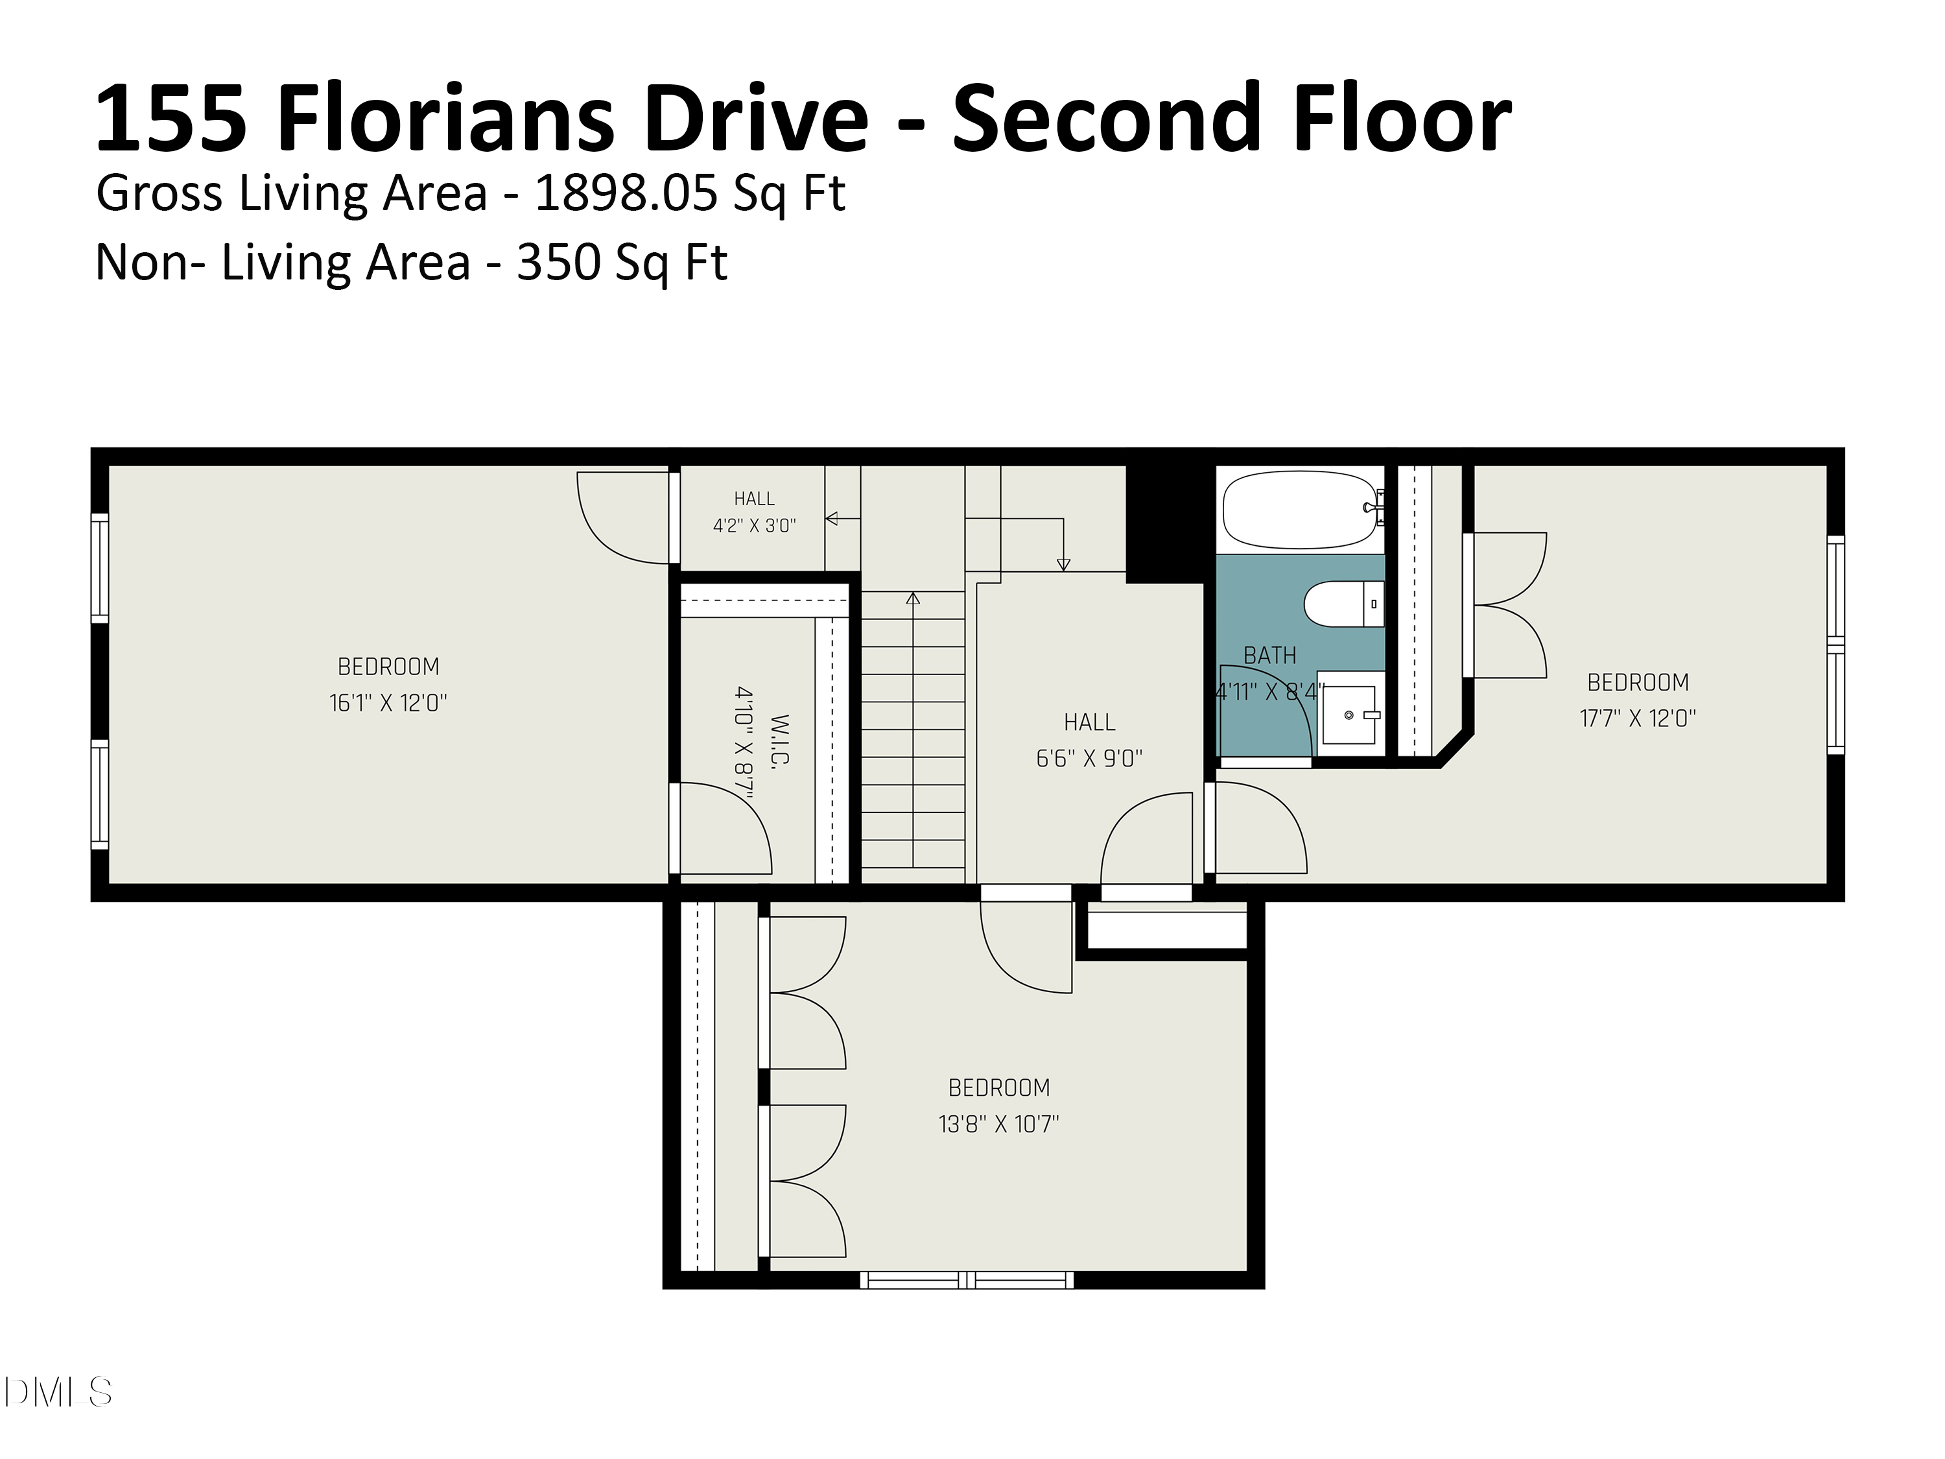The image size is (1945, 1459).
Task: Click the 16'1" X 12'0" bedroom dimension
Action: (x=388, y=703)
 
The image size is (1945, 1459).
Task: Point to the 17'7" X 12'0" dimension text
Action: (x=1637, y=718)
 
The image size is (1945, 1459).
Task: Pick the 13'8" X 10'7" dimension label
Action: (x=999, y=1123)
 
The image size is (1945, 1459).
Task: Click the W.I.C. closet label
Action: (x=779, y=740)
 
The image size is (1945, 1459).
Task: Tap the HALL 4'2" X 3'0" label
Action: (x=755, y=512)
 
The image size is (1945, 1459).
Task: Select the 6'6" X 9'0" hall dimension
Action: (x=1089, y=758)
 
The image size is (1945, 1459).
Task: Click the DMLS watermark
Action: (x=58, y=1392)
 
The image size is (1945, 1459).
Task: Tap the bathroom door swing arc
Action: (x=1275, y=699)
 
